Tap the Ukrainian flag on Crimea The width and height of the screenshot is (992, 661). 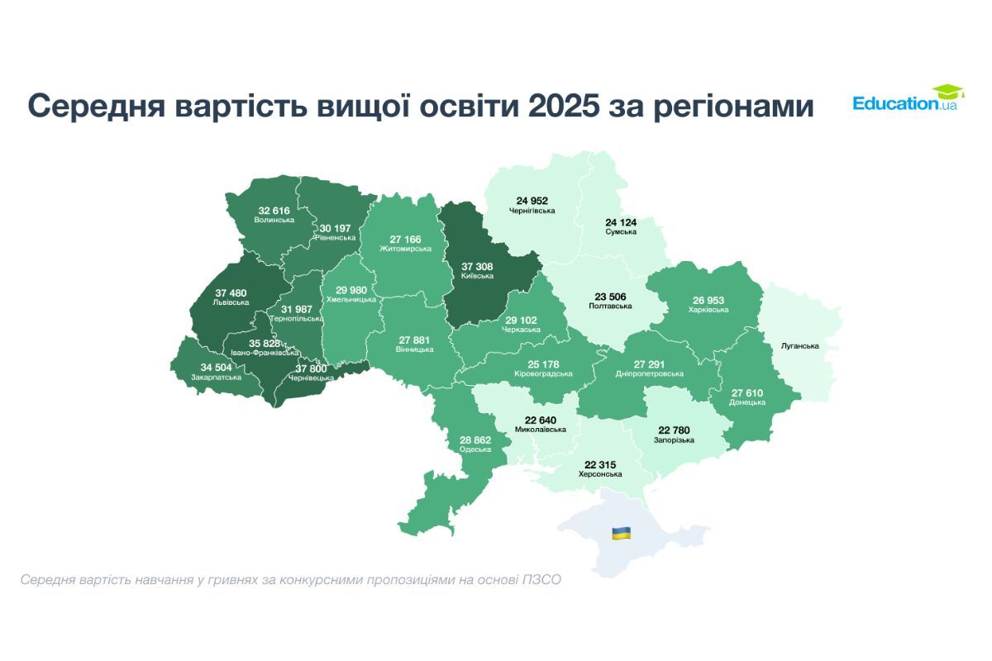(x=621, y=533)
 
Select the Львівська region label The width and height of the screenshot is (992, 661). (x=231, y=302)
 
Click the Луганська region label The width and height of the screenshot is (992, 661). (x=799, y=345)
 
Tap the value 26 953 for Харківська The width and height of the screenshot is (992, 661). (x=708, y=299)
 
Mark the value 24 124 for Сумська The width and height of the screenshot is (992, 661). (x=621, y=221)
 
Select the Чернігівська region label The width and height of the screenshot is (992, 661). (x=532, y=211)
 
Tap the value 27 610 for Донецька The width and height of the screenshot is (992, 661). (x=746, y=392)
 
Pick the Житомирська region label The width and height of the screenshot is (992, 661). (x=406, y=248)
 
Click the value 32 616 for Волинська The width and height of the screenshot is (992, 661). (x=274, y=211)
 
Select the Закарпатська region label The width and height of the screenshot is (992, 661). (x=217, y=377)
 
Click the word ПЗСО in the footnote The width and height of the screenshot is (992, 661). (x=542, y=580)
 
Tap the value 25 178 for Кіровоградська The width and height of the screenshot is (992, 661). (x=545, y=364)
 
